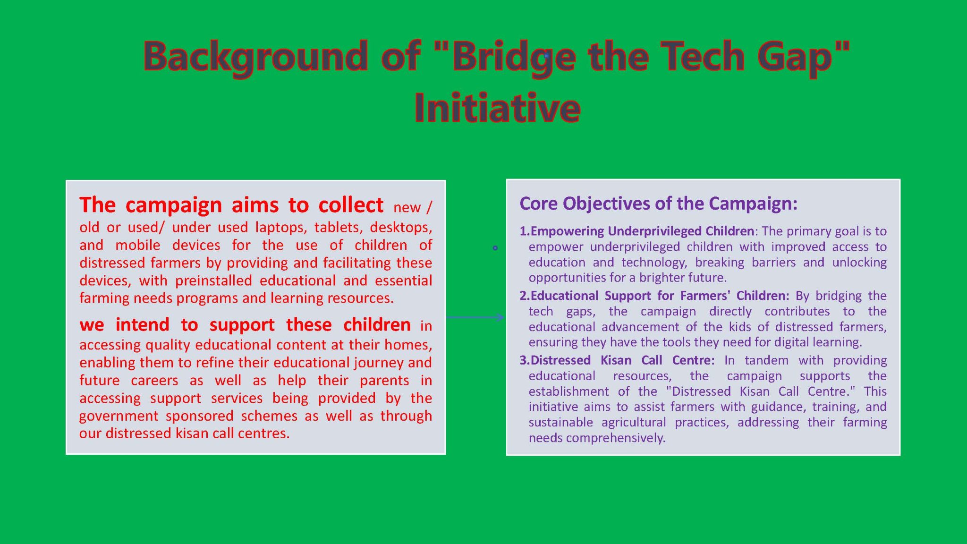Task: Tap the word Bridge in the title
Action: tap(513, 57)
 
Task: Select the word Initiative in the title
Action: tap(497, 108)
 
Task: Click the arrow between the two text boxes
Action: tap(475, 317)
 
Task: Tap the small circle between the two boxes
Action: tap(495, 248)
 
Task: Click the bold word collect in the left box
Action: tap(351, 205)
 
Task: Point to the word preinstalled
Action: tap(215, 280)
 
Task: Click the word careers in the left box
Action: tap(154, 380)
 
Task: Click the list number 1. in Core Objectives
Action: tap(524, 231)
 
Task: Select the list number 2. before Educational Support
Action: tap(524, 296)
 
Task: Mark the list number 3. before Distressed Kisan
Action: tap(524, 360)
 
